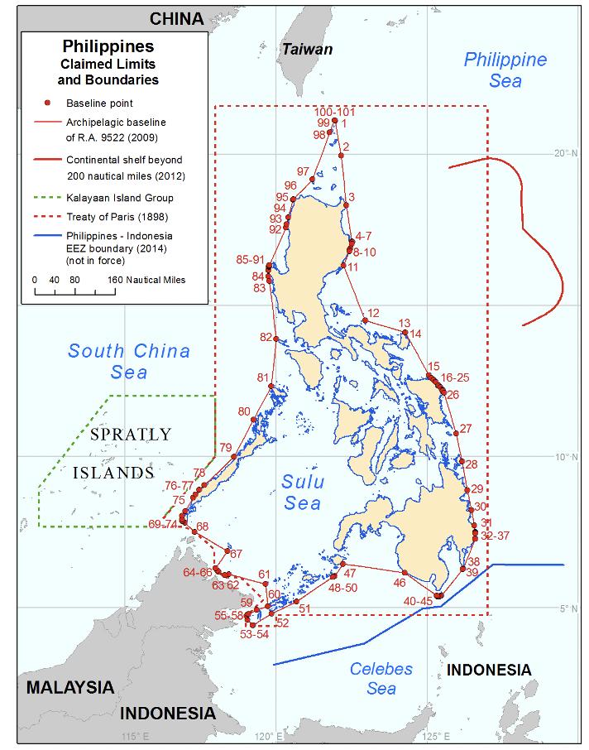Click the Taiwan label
tap(308, 50)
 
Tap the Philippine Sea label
tap(505, 70)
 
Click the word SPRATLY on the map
tap(131, 434)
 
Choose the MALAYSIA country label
tap(69, 687)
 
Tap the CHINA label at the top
tap(176, 19)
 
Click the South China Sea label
tap(129, 362)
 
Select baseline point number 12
tap(364, 320)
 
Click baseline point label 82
tap(266, 338)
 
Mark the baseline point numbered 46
tap(405, 573)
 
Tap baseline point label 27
tap(466, 429)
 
